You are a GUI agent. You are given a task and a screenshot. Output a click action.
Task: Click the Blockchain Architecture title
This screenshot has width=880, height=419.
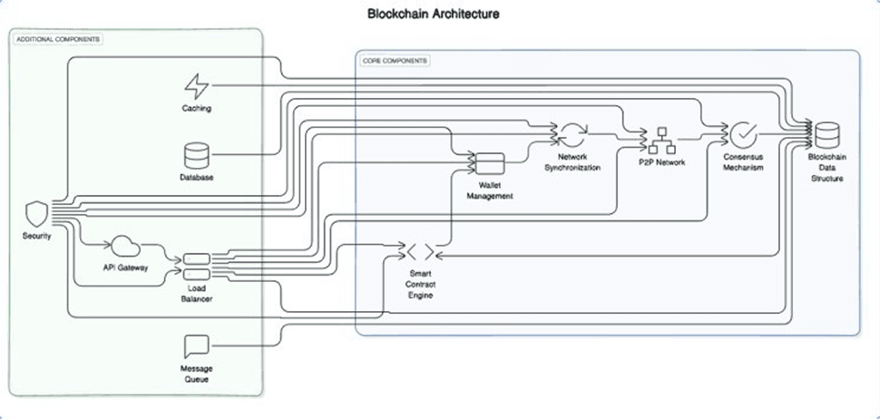(433, 15)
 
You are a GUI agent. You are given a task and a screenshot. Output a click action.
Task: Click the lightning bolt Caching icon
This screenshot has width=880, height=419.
(197, 87)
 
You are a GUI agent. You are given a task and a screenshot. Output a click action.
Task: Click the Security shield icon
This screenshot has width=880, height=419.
(35, 215)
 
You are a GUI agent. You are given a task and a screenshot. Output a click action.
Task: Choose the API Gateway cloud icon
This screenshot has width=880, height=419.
(124, 247)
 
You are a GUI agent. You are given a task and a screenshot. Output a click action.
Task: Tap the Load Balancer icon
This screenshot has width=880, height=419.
(197, 267)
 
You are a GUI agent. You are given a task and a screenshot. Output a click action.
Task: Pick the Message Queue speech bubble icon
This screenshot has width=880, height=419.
(197, 347)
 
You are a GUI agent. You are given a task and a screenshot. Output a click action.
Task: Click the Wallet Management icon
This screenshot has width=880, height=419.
(491, 163)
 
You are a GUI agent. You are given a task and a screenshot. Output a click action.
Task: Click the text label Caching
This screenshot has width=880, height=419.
(197, 109)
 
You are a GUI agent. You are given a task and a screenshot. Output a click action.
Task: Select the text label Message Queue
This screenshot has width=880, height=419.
(197, 373)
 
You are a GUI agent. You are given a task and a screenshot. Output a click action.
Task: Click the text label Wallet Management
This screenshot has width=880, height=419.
(491, 190)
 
